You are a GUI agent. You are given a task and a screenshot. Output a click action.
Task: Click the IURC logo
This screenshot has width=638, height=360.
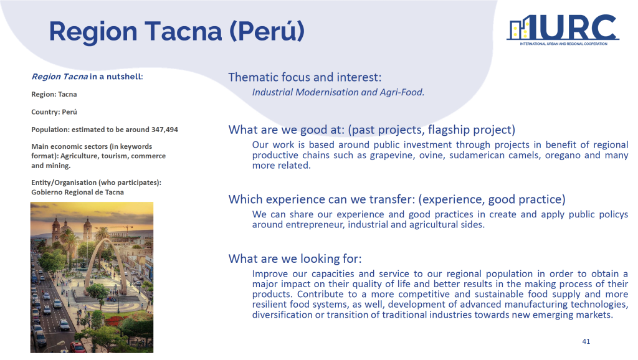(x=563, y=30)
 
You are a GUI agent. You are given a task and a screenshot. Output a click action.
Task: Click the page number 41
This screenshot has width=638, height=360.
(x=586, y=341)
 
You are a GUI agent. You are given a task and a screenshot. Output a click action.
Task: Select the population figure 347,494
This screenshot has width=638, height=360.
(x=164, y=130)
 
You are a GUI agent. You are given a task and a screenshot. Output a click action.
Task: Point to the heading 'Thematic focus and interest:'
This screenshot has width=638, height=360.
(x=305, y=77)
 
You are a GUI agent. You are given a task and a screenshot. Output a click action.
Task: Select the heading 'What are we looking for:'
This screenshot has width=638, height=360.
(x=295, y=258)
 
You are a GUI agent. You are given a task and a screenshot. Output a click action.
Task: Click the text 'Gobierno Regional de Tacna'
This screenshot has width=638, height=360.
(x=77, y=192)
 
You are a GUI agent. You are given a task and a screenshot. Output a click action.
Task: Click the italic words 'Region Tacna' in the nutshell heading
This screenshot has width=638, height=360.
(x=59, y=77)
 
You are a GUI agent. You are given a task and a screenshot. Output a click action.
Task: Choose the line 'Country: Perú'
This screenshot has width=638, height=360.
(x=54, y=112)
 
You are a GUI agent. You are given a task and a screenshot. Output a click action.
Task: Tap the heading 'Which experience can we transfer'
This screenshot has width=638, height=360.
(x=321, y=199)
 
